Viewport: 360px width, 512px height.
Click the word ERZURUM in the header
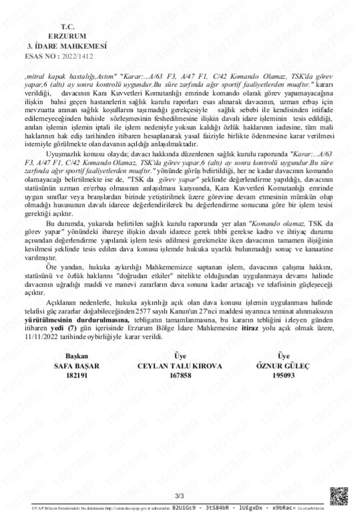tap(67, 36)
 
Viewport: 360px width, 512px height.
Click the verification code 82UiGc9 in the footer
tap(185, 507)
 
